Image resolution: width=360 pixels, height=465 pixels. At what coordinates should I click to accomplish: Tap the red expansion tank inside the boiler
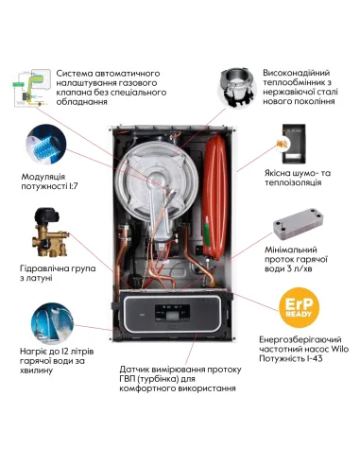tap(215, 176)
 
